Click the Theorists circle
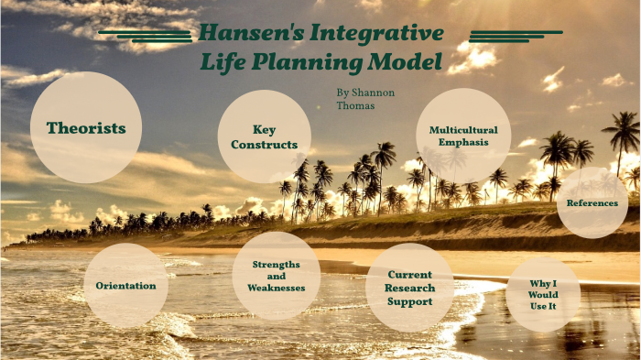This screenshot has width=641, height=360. [x=86, y=127]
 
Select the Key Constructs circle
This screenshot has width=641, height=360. [x=264, y=136]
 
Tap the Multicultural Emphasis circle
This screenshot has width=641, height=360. [x=463, y=136]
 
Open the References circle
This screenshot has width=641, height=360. [x=592, y=202]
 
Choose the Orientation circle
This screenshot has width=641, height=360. [x=125, y=285]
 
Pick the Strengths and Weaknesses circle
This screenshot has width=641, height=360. [x=276, y=276]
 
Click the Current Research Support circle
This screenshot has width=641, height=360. [x=409, y=287]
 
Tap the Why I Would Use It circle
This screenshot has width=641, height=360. [x=542, y=294]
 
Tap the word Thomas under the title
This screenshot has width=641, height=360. [x=354, y=105]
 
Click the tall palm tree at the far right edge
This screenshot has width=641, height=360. [x=625, y=137]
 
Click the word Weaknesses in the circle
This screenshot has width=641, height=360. [x=276, y=288]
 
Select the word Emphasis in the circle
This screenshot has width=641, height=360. [x=463, y=142]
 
